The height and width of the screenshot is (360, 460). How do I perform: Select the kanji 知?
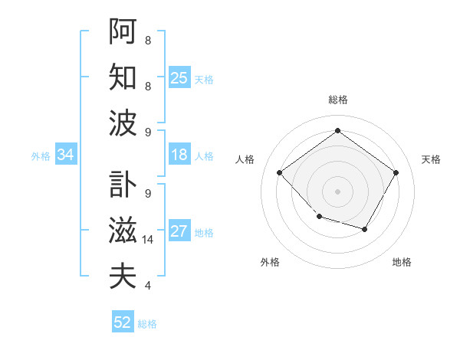pos(123,77)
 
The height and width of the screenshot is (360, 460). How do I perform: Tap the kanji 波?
pos(123,123)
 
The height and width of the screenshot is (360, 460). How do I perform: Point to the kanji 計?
pos(123,182)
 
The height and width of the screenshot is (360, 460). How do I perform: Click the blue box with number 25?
pos(179,77)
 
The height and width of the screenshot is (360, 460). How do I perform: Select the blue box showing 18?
pos(179,155)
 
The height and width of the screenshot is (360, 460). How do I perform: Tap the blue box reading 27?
pos(179,231)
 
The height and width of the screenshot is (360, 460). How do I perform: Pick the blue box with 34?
pos(66,155)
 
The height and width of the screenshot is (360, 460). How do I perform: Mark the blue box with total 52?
pos(123,322)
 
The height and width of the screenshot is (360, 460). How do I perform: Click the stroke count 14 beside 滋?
pos(149,240)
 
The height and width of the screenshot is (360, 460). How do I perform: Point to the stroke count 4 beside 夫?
pos(147,286)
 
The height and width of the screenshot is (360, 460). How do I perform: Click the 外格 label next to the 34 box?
pos(41,156)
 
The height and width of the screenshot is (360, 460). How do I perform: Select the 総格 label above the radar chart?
pos(337,100)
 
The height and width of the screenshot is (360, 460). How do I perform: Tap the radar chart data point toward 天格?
pos(396,172)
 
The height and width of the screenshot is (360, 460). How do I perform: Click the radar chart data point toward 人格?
pos(279,172)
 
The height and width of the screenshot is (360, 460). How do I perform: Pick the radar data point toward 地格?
pos(365,229)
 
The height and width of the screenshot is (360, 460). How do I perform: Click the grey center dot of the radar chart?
pos(337,191)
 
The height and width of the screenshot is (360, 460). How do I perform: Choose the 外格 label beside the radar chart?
pos(270,262)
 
